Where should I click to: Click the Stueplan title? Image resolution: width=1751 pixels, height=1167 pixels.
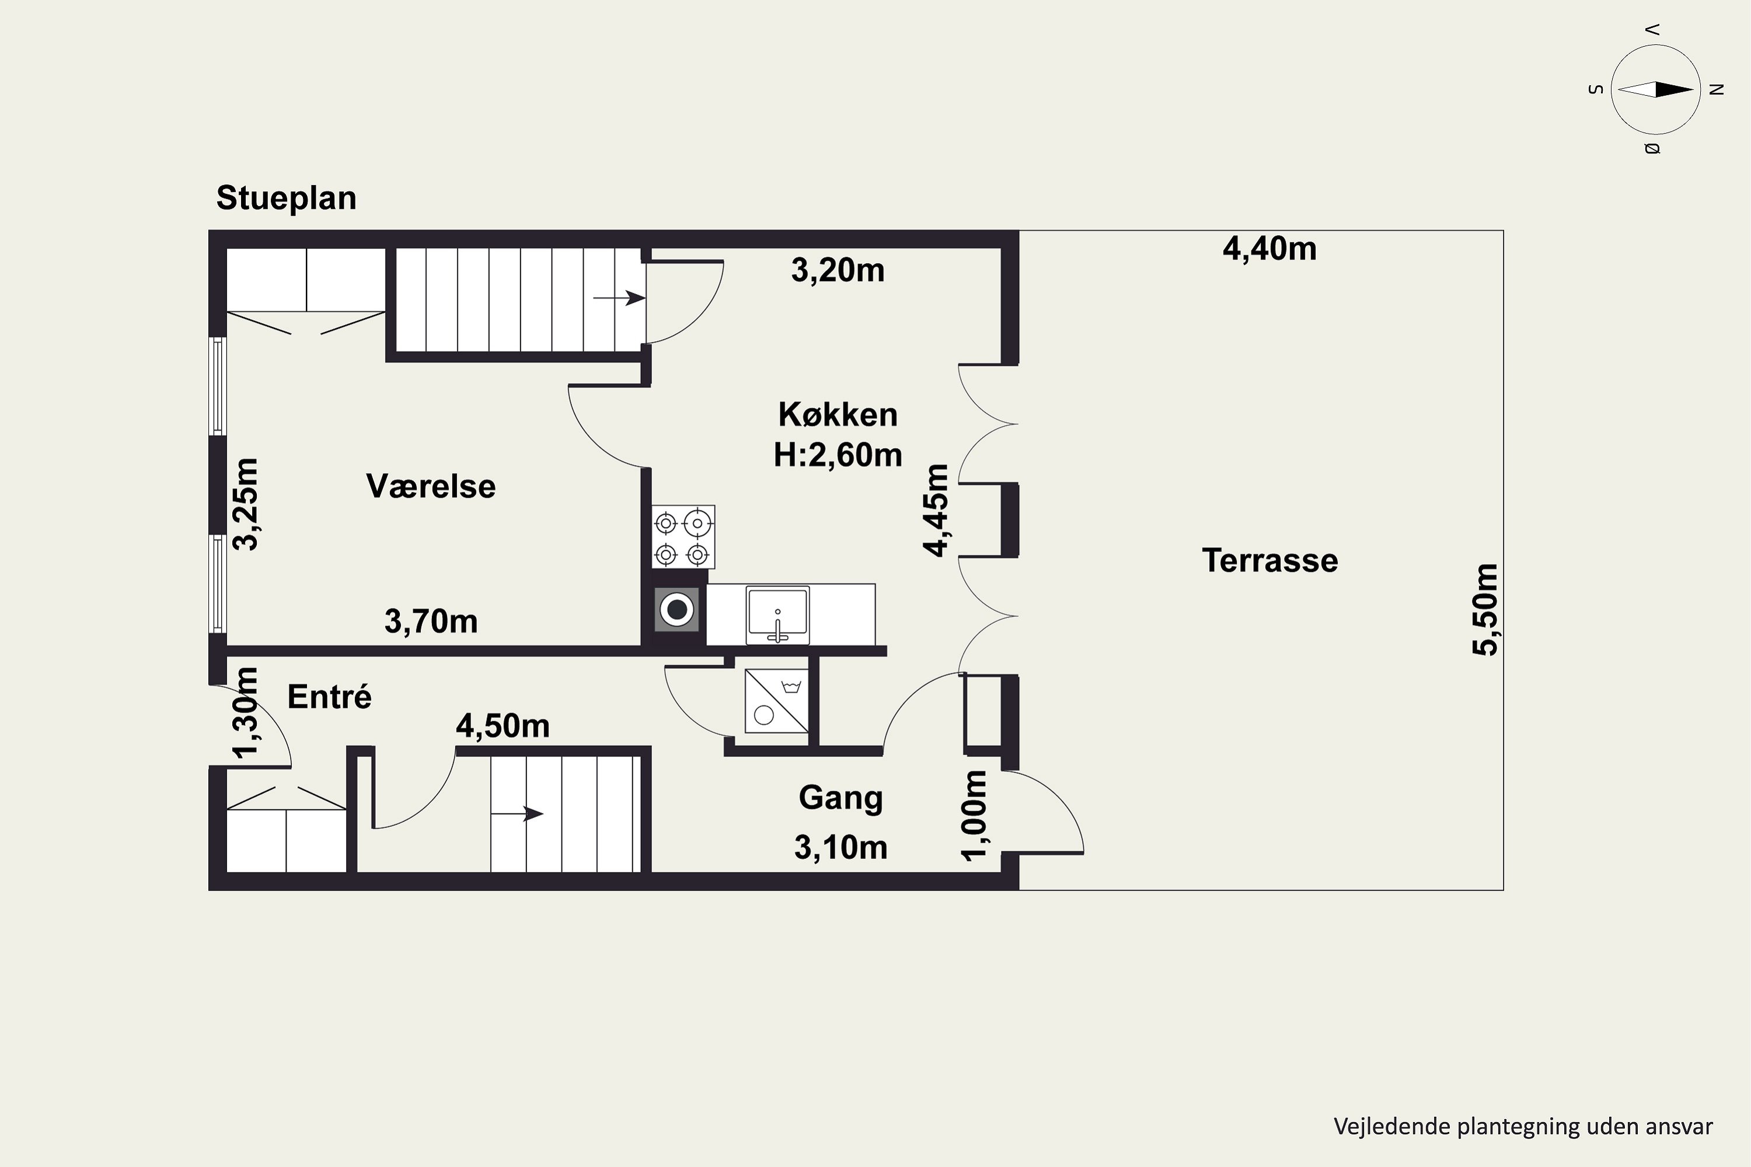286,198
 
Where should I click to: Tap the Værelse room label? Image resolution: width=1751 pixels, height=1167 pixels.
430,486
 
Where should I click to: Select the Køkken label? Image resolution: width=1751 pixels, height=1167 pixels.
838,414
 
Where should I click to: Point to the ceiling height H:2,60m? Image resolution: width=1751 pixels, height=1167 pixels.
838,454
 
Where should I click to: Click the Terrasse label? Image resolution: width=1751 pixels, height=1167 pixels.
1269,560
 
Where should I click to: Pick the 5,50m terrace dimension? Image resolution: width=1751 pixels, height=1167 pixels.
1484,610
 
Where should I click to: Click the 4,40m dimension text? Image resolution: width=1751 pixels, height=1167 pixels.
1269,249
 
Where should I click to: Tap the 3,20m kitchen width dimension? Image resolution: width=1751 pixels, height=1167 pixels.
838,270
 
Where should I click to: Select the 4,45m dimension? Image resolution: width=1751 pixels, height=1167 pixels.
936,510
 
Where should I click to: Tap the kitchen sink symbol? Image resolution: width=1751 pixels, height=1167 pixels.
777,615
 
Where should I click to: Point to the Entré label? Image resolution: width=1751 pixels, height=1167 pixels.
329,697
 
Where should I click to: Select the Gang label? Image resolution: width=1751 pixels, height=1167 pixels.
840,797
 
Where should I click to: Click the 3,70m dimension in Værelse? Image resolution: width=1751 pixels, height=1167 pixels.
430,621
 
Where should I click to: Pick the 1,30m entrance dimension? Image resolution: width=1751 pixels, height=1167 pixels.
245,713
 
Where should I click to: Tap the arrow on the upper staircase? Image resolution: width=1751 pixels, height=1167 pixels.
619,298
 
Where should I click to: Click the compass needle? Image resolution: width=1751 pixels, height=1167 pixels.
1656,90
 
